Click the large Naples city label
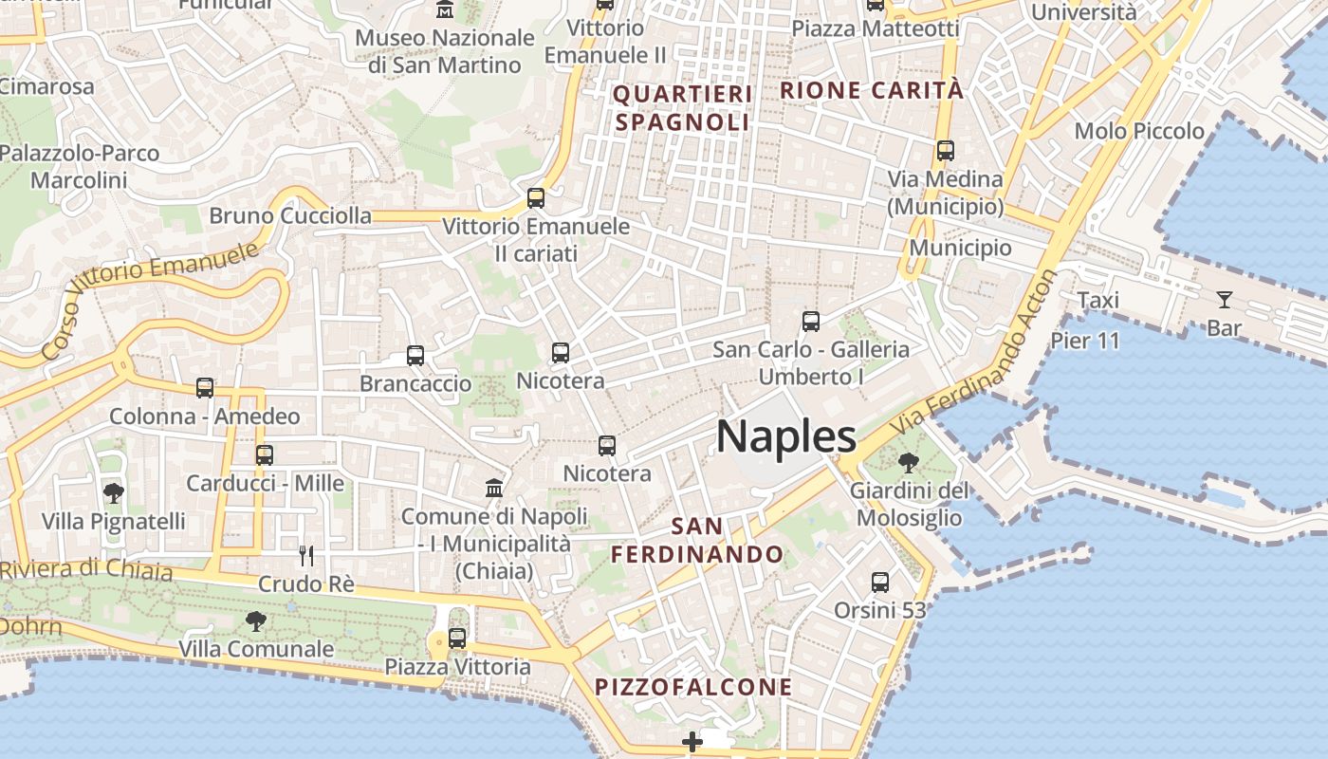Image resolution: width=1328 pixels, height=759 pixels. click(786, 437)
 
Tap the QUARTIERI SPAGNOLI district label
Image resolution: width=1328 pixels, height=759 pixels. click(683, 108)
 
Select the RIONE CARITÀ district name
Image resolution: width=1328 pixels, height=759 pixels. click(871, 91)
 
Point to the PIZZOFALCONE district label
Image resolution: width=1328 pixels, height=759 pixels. click(693, 687)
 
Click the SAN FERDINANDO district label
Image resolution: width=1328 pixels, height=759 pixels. click(697, 540)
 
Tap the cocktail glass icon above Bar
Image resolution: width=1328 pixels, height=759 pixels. click(1225, 300)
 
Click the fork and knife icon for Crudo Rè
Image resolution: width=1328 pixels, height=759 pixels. click(306, 555)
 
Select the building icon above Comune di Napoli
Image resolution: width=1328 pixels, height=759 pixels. click(494, 488)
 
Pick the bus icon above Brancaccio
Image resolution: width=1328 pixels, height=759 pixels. click(415, 356)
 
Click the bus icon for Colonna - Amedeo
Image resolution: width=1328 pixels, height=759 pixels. click(205, 388)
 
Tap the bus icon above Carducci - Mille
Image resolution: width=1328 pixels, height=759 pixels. click(265, 455)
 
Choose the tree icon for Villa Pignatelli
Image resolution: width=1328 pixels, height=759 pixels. click(114, 493)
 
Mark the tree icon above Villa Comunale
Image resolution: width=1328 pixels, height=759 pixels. click(255, 621)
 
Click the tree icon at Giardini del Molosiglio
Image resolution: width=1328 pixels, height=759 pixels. click(909, 463)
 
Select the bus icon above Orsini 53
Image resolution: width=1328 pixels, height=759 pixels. click(880, 582)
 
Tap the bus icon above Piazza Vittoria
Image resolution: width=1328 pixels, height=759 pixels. click(457, 639)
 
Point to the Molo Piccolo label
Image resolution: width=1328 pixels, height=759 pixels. click(1138, 131)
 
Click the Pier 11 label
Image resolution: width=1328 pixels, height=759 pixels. click(1085, 340)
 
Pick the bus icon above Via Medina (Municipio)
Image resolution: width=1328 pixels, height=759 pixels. click(945, 150)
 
